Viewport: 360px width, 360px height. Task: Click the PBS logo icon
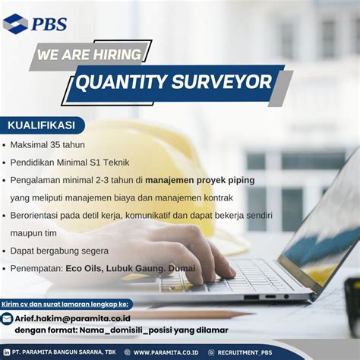pos(15,24)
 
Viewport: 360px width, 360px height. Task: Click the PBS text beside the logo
pos(49,24)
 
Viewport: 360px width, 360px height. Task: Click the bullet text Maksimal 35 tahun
pos(48,144)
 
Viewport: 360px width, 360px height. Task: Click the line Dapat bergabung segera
pos(60,250)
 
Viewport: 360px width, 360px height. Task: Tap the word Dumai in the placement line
pos(182,268)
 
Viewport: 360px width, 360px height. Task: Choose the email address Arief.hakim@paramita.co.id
pos(71,318)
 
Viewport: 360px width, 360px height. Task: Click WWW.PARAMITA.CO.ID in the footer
pos(166,352)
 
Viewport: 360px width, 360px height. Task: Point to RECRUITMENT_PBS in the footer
pos(247,352)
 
